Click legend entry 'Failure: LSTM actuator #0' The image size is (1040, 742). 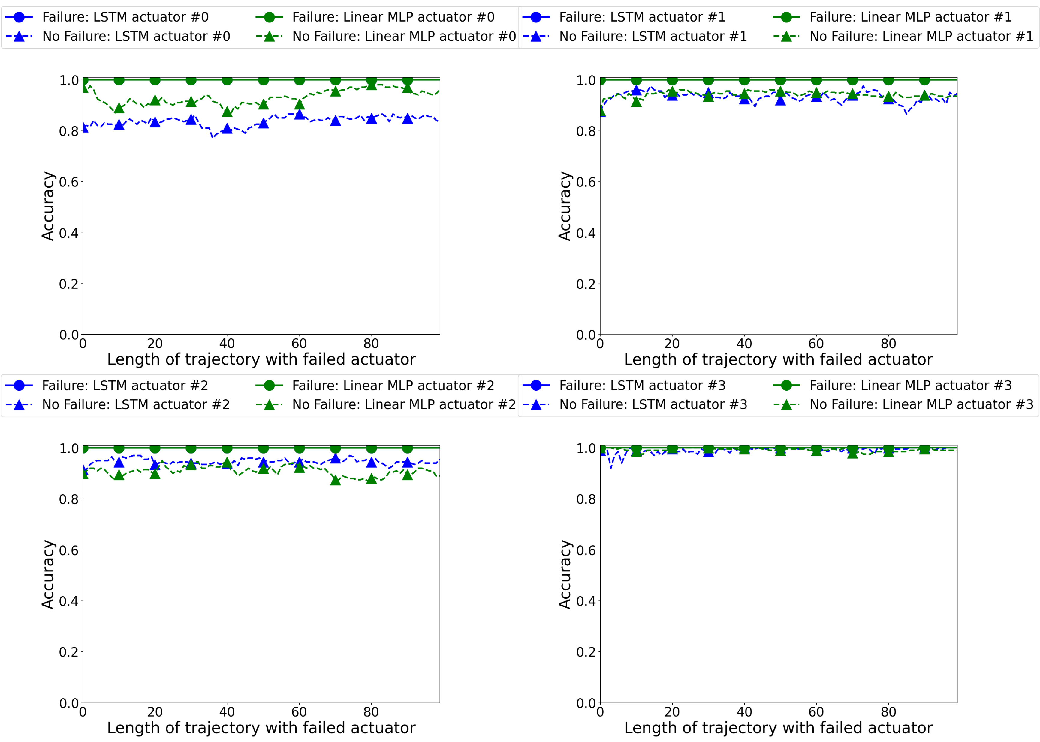pos(125,17)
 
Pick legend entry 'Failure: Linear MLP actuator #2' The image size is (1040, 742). pos(393,386)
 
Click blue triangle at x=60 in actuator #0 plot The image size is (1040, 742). pos(299,114)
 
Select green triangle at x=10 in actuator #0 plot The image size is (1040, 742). pos(119,108)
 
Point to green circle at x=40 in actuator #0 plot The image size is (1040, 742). pos(227,80)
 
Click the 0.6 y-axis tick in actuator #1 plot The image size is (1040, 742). pos(586,182)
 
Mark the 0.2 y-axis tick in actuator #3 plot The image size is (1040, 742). pos(586,652)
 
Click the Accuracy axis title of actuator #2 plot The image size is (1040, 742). pos(47,574)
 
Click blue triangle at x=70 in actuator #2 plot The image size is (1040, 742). pos(335,458)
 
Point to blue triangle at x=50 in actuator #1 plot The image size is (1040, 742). pos(780,100)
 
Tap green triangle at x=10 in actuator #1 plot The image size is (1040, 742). pos(636,101)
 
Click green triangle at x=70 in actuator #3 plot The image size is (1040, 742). pos(852,453)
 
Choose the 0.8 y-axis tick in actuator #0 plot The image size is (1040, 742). pos(69,132)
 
